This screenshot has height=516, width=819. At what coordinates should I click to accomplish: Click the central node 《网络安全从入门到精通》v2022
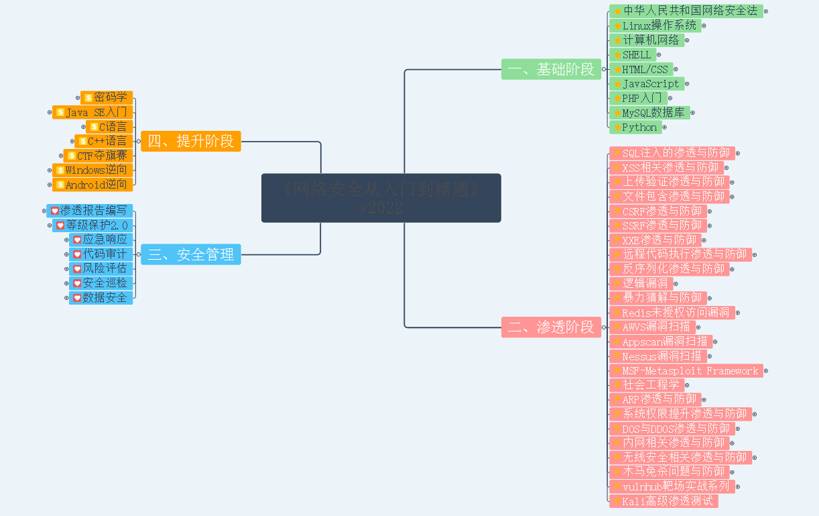(381, 198)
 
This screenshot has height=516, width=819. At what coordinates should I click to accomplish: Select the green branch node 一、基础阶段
(551, 69)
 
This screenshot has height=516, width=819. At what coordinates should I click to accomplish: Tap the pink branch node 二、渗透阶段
(551, 327)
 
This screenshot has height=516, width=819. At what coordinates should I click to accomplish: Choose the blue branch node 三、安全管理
(191, 254)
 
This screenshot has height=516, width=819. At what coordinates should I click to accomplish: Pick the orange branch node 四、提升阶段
(191, 141)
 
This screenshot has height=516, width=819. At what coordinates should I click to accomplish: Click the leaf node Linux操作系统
(655, 25)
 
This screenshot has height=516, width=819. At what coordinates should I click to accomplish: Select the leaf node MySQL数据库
(649, 113)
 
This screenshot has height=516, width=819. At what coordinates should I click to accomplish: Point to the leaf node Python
(635, 127)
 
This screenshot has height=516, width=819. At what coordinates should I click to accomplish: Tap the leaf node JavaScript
(647, 84)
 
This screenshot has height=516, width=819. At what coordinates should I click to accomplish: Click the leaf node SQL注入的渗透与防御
(672, 153)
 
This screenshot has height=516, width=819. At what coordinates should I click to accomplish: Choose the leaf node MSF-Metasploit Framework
(686, 370)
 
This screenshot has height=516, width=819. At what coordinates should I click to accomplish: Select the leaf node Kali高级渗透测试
(664, 501)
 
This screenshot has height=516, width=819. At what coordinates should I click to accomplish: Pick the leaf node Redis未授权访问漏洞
(672, 313)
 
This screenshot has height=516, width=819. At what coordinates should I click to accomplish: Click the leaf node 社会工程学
(647, 385)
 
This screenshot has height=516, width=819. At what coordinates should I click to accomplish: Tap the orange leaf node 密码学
(107, 97)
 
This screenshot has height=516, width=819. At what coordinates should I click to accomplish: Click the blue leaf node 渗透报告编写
(90, 211)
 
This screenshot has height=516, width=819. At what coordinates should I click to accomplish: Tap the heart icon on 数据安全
(77, 297)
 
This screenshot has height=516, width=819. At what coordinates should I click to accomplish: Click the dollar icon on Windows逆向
(60, 170)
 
